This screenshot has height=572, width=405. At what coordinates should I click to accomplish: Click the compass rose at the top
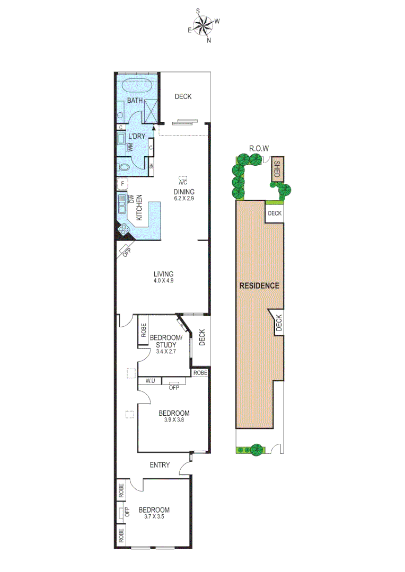pos(203,25)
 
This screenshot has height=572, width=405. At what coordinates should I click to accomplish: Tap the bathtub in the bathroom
pos(137,86)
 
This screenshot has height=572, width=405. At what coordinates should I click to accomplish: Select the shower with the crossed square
pos(151,109)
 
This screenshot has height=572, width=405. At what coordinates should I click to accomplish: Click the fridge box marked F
pos(122,184)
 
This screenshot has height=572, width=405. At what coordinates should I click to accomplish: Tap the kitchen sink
pos(122,203)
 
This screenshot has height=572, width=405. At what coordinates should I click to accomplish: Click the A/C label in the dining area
pos(184,182)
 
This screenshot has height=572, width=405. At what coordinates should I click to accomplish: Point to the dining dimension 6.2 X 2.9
pos(184,198)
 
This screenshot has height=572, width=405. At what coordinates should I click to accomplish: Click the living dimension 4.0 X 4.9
pos(163,281)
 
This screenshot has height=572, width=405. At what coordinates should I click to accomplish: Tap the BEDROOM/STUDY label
pos(166,341)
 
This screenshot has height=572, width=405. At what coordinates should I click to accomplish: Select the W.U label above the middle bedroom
pos(149,380)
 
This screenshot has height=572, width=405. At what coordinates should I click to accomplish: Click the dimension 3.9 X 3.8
pos(174,421)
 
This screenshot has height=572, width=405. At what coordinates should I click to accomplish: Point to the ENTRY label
pos(160,465)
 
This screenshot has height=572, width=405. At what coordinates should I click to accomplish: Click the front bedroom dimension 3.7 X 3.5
pos(154,517)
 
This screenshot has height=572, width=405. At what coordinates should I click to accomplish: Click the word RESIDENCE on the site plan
pos(259,285)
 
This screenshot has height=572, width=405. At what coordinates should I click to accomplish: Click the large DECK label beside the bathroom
pos(183,96)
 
